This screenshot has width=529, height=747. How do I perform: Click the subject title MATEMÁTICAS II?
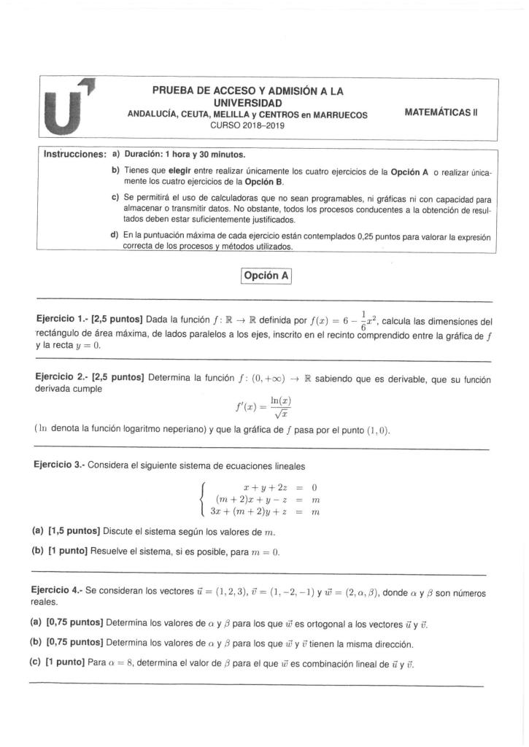[x=441, y=113]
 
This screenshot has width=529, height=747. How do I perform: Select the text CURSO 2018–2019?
[x=247, y=125]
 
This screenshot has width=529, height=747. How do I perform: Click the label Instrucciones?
[x=72, y=155]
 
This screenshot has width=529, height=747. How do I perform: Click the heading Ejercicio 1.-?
[x=61, y=321]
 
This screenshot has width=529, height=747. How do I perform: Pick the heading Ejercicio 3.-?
[x=61, y=465]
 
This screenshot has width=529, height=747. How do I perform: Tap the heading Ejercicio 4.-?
[x=61, y=594]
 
